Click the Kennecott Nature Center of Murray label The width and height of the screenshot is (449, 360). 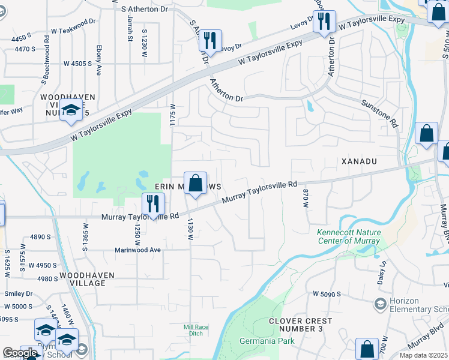tap(348, 236)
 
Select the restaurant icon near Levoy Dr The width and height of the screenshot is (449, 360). tap(210, 41)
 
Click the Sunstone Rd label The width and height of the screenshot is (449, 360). tap(380, 113)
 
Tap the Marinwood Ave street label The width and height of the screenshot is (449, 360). tap(139, 250)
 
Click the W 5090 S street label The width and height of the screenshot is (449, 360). tap(327, 294)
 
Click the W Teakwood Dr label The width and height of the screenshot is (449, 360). tap(73, 26)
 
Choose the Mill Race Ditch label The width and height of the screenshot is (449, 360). tap(196, 330)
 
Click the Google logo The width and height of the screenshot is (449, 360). tap(19, 353)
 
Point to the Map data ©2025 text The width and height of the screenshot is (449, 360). tap(424, 356)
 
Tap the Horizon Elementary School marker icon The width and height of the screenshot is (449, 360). tap(379, 304)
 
